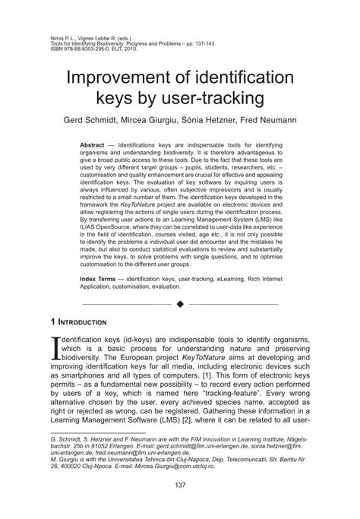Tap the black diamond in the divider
point(181,284)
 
